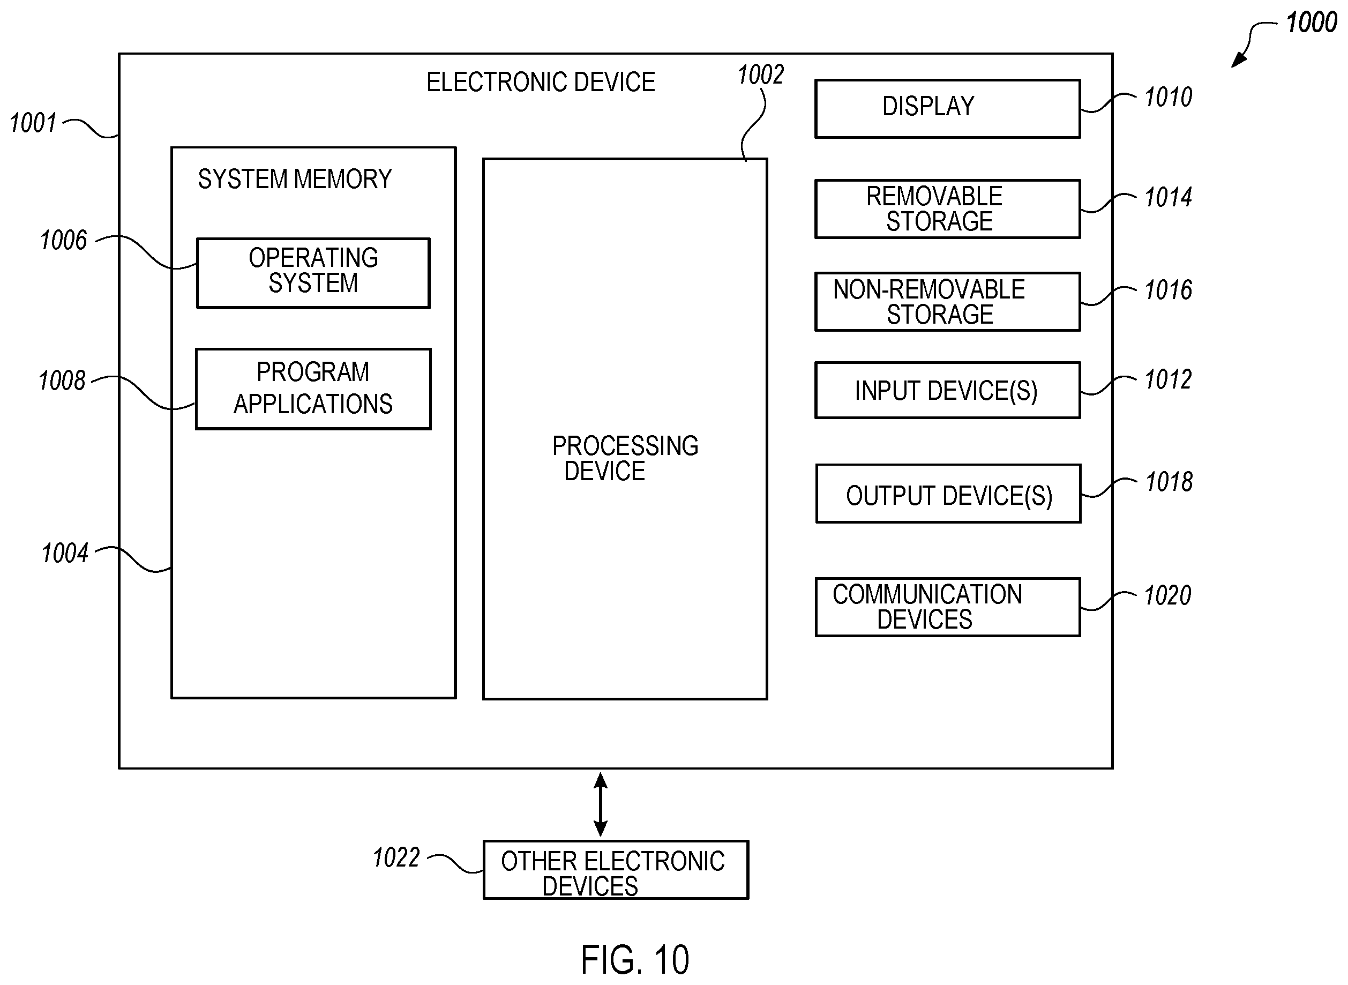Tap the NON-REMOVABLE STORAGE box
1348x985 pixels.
tap(948, 302)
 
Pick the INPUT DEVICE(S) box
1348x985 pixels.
tap(948, 390)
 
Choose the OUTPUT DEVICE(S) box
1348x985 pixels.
tap(948, 494)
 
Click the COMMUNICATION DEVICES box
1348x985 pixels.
tap(948, 607)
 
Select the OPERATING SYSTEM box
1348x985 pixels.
tap(313, 273)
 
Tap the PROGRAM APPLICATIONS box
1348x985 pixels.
tap(313, 389)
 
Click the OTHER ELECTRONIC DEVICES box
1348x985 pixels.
tap(616, 869)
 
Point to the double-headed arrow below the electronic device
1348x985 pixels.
tap(601, 804)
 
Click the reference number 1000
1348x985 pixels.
tap(1311, 23)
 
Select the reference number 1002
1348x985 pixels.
tap(761, 75)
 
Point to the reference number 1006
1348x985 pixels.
tap(63, 240)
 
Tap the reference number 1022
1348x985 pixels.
tap(396, 858)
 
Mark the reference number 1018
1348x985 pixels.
tap(1169, 482)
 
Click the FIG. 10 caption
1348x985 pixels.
tap(635, 959)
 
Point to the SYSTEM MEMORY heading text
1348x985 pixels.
tap(295, 179)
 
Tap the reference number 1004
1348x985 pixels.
tap(65, 553)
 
